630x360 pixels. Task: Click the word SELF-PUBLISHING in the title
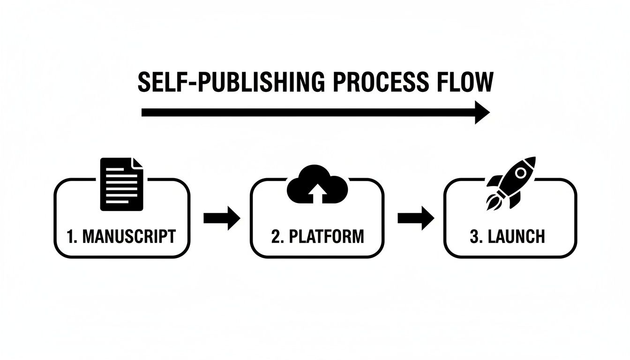click(x=230, y=82)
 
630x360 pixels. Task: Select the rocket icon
click(x=511, y=182)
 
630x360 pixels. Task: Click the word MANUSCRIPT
click(x=129, y=236)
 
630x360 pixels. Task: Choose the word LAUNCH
click(x=517, y=236)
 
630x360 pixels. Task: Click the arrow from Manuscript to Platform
click(x=222, y=218)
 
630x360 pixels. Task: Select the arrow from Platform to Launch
click(x=415, y=218)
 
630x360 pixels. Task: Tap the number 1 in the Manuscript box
click(x=71, y=236)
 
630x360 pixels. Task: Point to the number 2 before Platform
click(x=276, y=236)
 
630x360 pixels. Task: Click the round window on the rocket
click(x=520, y=173)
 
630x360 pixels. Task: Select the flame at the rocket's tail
click(x=492, y=202)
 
